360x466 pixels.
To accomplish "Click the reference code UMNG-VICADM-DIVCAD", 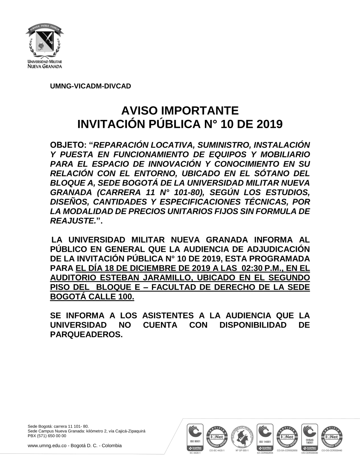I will click(x=90, y=86).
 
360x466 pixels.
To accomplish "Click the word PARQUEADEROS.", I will click(x=86, y=335).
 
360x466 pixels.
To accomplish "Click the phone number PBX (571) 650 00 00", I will click(x=47, y=435).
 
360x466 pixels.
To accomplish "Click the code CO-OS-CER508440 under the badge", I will click(x=332, y=451).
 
